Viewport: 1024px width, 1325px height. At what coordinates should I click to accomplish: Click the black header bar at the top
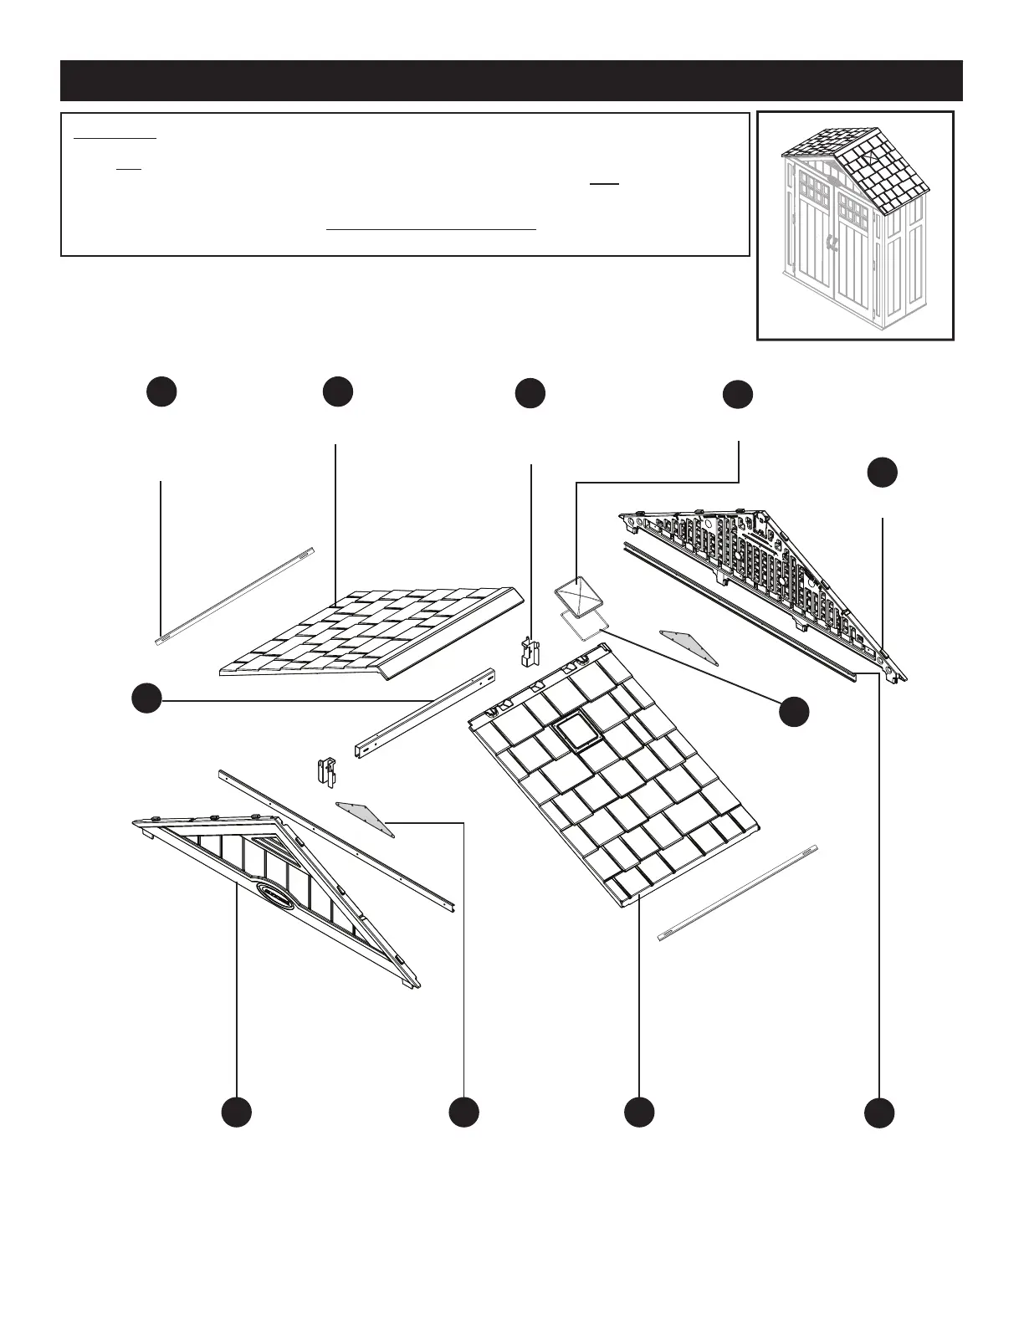[511, 80]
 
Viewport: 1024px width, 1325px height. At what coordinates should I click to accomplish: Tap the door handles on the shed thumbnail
[832, 244]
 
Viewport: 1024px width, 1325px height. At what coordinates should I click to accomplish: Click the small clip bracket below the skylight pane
[528, 652]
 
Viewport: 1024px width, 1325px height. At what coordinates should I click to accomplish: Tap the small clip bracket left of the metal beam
[326, 770]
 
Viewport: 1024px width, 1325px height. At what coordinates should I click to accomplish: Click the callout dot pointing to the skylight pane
[737, 396]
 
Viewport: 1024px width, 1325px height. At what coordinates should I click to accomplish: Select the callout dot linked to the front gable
[237, 1112]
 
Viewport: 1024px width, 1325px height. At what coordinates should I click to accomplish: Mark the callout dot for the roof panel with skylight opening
[639, 1112]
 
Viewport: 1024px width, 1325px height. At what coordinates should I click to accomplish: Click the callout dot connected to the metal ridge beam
[146, 698]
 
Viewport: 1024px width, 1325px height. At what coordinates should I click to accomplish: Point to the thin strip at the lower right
[737, 893]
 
